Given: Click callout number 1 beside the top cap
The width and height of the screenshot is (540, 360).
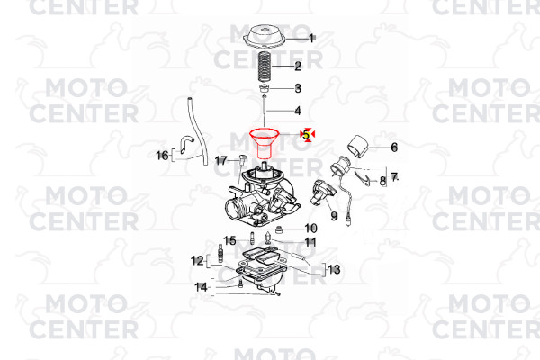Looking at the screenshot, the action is click(x=311, y=39).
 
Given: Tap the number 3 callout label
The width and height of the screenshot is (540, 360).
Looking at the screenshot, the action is click(x=298, y=88).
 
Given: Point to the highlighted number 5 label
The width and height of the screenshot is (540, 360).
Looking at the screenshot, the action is click(x=307, y=134).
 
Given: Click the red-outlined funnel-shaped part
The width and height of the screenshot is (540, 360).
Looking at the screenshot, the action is click(x=264, y=143).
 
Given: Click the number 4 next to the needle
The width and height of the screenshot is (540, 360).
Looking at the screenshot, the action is click(x=298, y=111).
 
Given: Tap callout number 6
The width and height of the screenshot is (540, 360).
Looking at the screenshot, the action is click(x=394, y=148).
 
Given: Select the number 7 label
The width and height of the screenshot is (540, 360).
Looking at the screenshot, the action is click(x=394, y=178).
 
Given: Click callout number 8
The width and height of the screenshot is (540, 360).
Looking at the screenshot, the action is click(x=382, y=181).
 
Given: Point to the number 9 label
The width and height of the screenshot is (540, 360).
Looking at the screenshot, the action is click(x=334, y=216).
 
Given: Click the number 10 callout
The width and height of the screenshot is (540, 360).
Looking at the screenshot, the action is click(x=310, y=228).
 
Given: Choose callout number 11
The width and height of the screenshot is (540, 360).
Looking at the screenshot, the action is click(x=310, y=242).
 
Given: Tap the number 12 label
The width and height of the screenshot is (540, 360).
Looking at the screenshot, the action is click(x=197, y=261).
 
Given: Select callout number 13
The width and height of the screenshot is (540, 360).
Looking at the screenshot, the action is click(x=334, y=269).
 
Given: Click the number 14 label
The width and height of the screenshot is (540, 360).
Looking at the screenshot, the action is click(x=201, y=286).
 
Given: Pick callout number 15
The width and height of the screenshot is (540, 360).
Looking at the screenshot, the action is click(x=230, y=240).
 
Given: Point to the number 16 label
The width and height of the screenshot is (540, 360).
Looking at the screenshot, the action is click(x=163, y=156).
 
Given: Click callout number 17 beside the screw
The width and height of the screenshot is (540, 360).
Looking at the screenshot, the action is click(x=221, y=160).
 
